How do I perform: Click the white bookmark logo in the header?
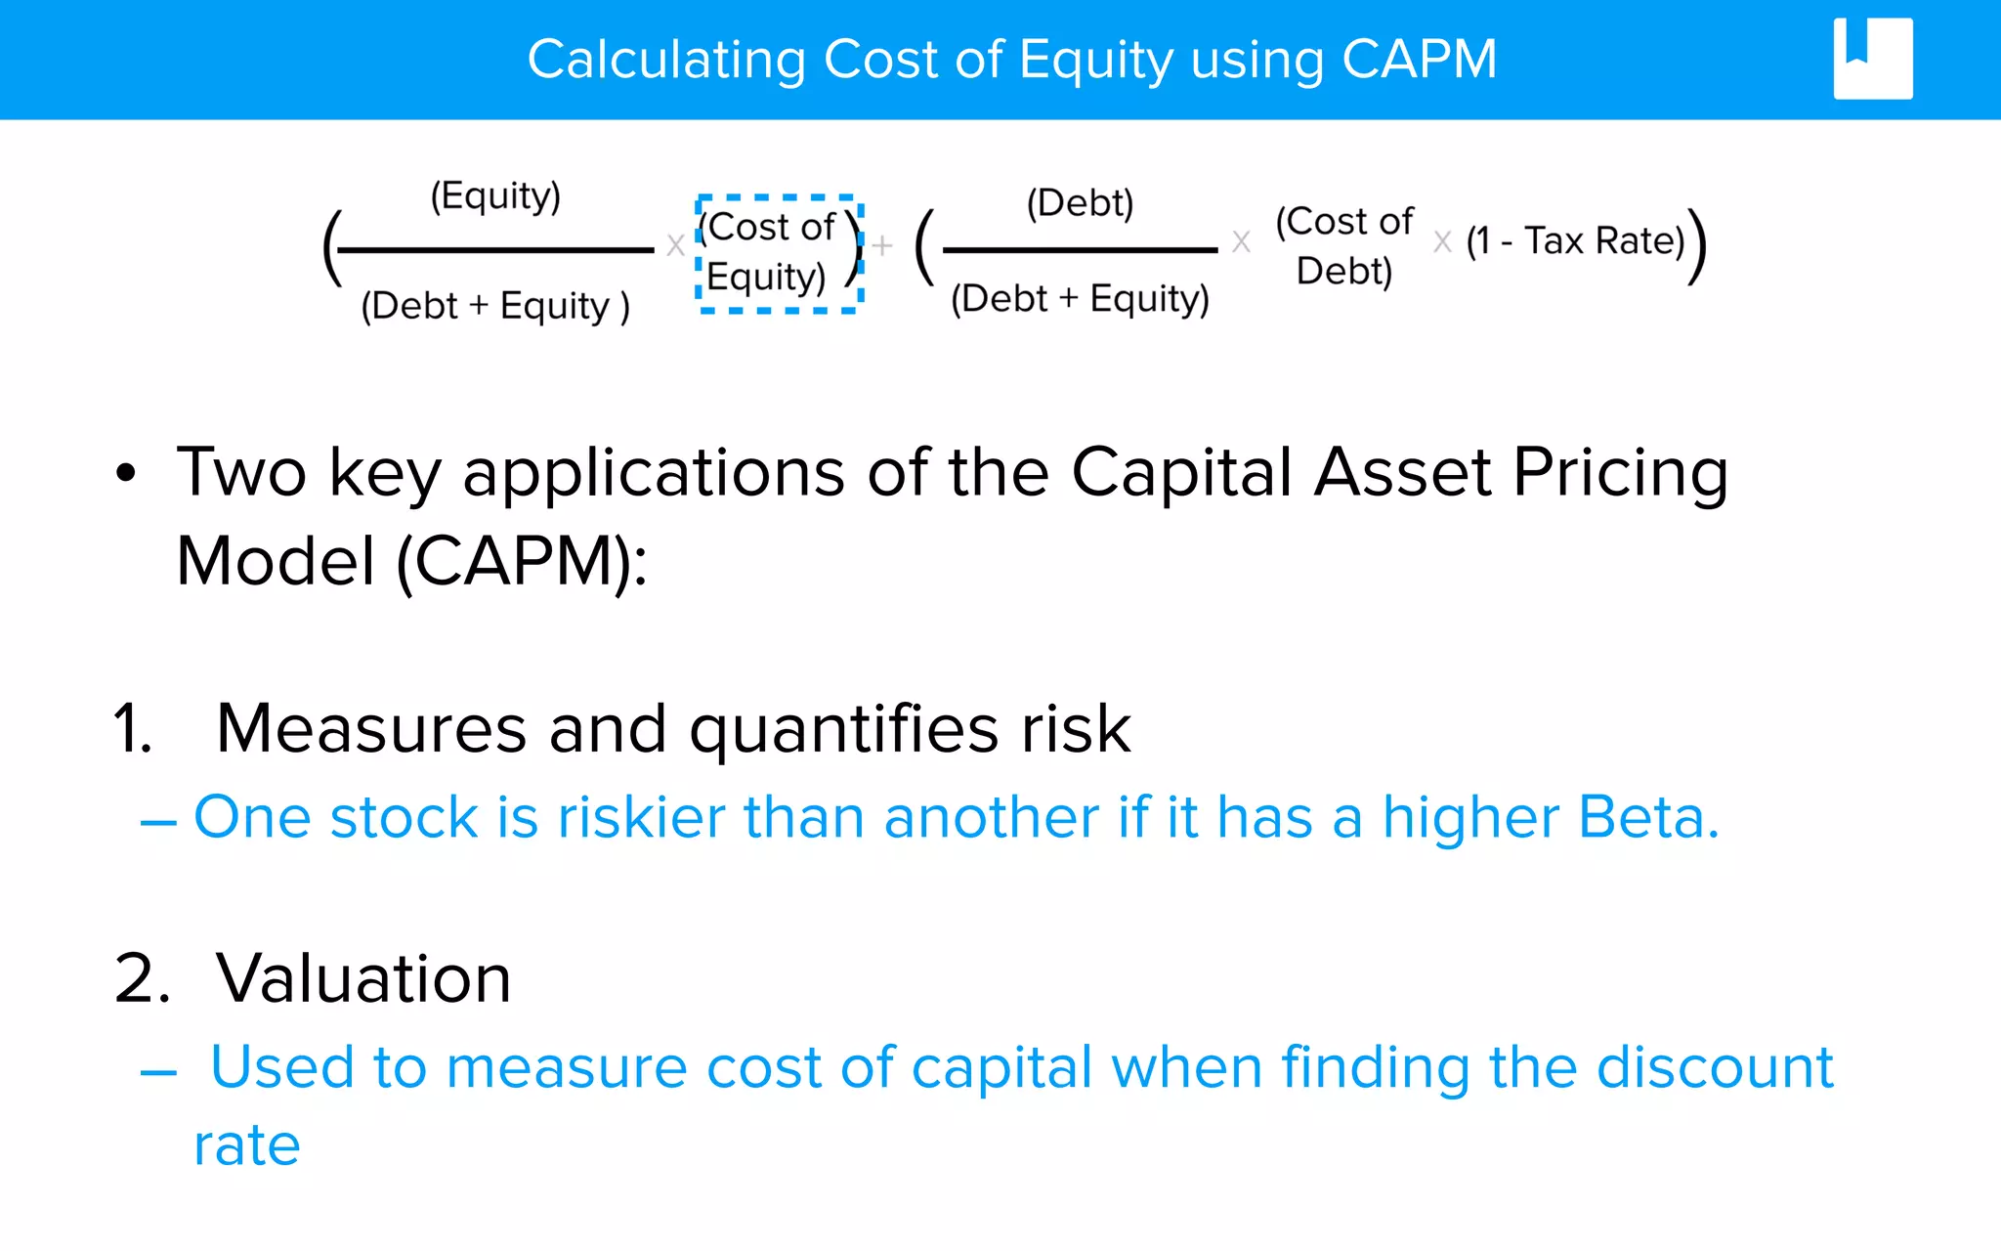(x=1872, y=59)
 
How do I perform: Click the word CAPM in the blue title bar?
(x=1419, y=60)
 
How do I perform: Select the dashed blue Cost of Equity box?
(x=779, y=254)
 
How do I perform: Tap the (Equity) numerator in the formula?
(x=496, y=195)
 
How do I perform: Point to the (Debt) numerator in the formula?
(x=1080, y=203)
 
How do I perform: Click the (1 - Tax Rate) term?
(x=1575, y=240)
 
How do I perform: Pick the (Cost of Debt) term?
(x=1344, y=246)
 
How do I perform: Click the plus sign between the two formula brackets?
(x=882, y=245)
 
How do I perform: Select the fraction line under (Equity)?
(x=496, y=250)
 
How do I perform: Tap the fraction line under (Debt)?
(x=1080, y=250)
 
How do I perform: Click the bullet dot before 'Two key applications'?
(x=126, y=474)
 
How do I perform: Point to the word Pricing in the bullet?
(x=1621, y=474)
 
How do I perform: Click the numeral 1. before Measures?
(x=134, y=729)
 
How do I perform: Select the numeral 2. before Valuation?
(x=142, y=978)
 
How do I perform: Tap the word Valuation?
(x=363, y=978)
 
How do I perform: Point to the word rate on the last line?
(x=247, y=1145)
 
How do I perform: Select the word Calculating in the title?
(x=666, y=60)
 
